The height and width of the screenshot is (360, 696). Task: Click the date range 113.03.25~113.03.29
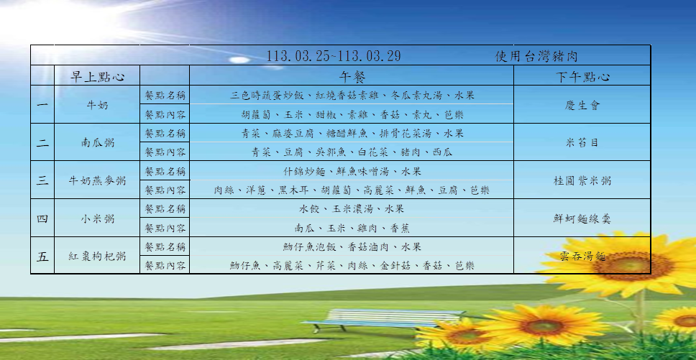[334, 56]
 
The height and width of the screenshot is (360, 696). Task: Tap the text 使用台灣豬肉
[536, 56]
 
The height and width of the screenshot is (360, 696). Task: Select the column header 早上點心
[97, 77]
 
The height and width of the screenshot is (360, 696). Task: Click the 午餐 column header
[352, 77]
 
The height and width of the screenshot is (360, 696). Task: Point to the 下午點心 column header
[582, 77]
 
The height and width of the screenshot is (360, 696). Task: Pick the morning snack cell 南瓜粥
[97, 143]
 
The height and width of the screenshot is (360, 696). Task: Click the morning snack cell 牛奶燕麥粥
[97, 181]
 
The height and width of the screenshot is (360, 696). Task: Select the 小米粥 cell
[97, 218]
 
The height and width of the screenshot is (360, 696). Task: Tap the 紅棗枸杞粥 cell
[97, 257]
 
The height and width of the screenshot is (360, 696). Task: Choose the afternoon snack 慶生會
[582, 105]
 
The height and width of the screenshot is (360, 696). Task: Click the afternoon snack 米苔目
[582, 143]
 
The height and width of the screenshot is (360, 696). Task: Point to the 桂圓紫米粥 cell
[582, 181]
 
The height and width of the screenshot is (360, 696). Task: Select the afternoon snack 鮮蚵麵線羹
[582, 218]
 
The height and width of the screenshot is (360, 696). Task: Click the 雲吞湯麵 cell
[582, 257]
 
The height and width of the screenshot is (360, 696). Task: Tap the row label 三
[42, 181]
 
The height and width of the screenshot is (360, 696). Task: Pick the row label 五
[42, 257]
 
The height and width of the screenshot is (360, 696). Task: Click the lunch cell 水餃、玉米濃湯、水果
[352, 209]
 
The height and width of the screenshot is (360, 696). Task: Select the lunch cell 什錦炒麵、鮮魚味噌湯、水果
[352, 171]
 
